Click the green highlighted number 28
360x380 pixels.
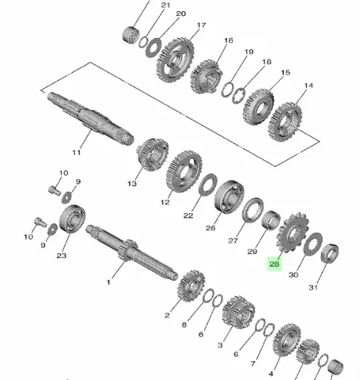tap(275, 264)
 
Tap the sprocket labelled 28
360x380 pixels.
tap(293, 233)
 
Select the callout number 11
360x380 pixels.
tap(77, 152)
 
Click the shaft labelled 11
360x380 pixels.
tap(90, 118)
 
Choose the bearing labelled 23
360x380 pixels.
tap(72, 218)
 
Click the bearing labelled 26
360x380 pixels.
tap(229, 196)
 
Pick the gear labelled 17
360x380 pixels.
tap(175, 61)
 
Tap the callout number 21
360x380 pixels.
tap(165, 5)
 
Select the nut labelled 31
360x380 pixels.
tap(330, 253)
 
